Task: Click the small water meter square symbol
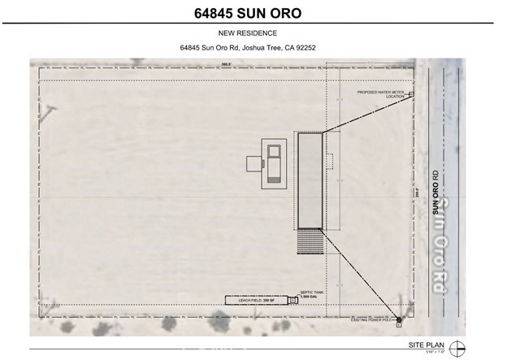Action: coord(411,94)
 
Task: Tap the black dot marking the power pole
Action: coord(399,318)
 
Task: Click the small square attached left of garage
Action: coord(253,162)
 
